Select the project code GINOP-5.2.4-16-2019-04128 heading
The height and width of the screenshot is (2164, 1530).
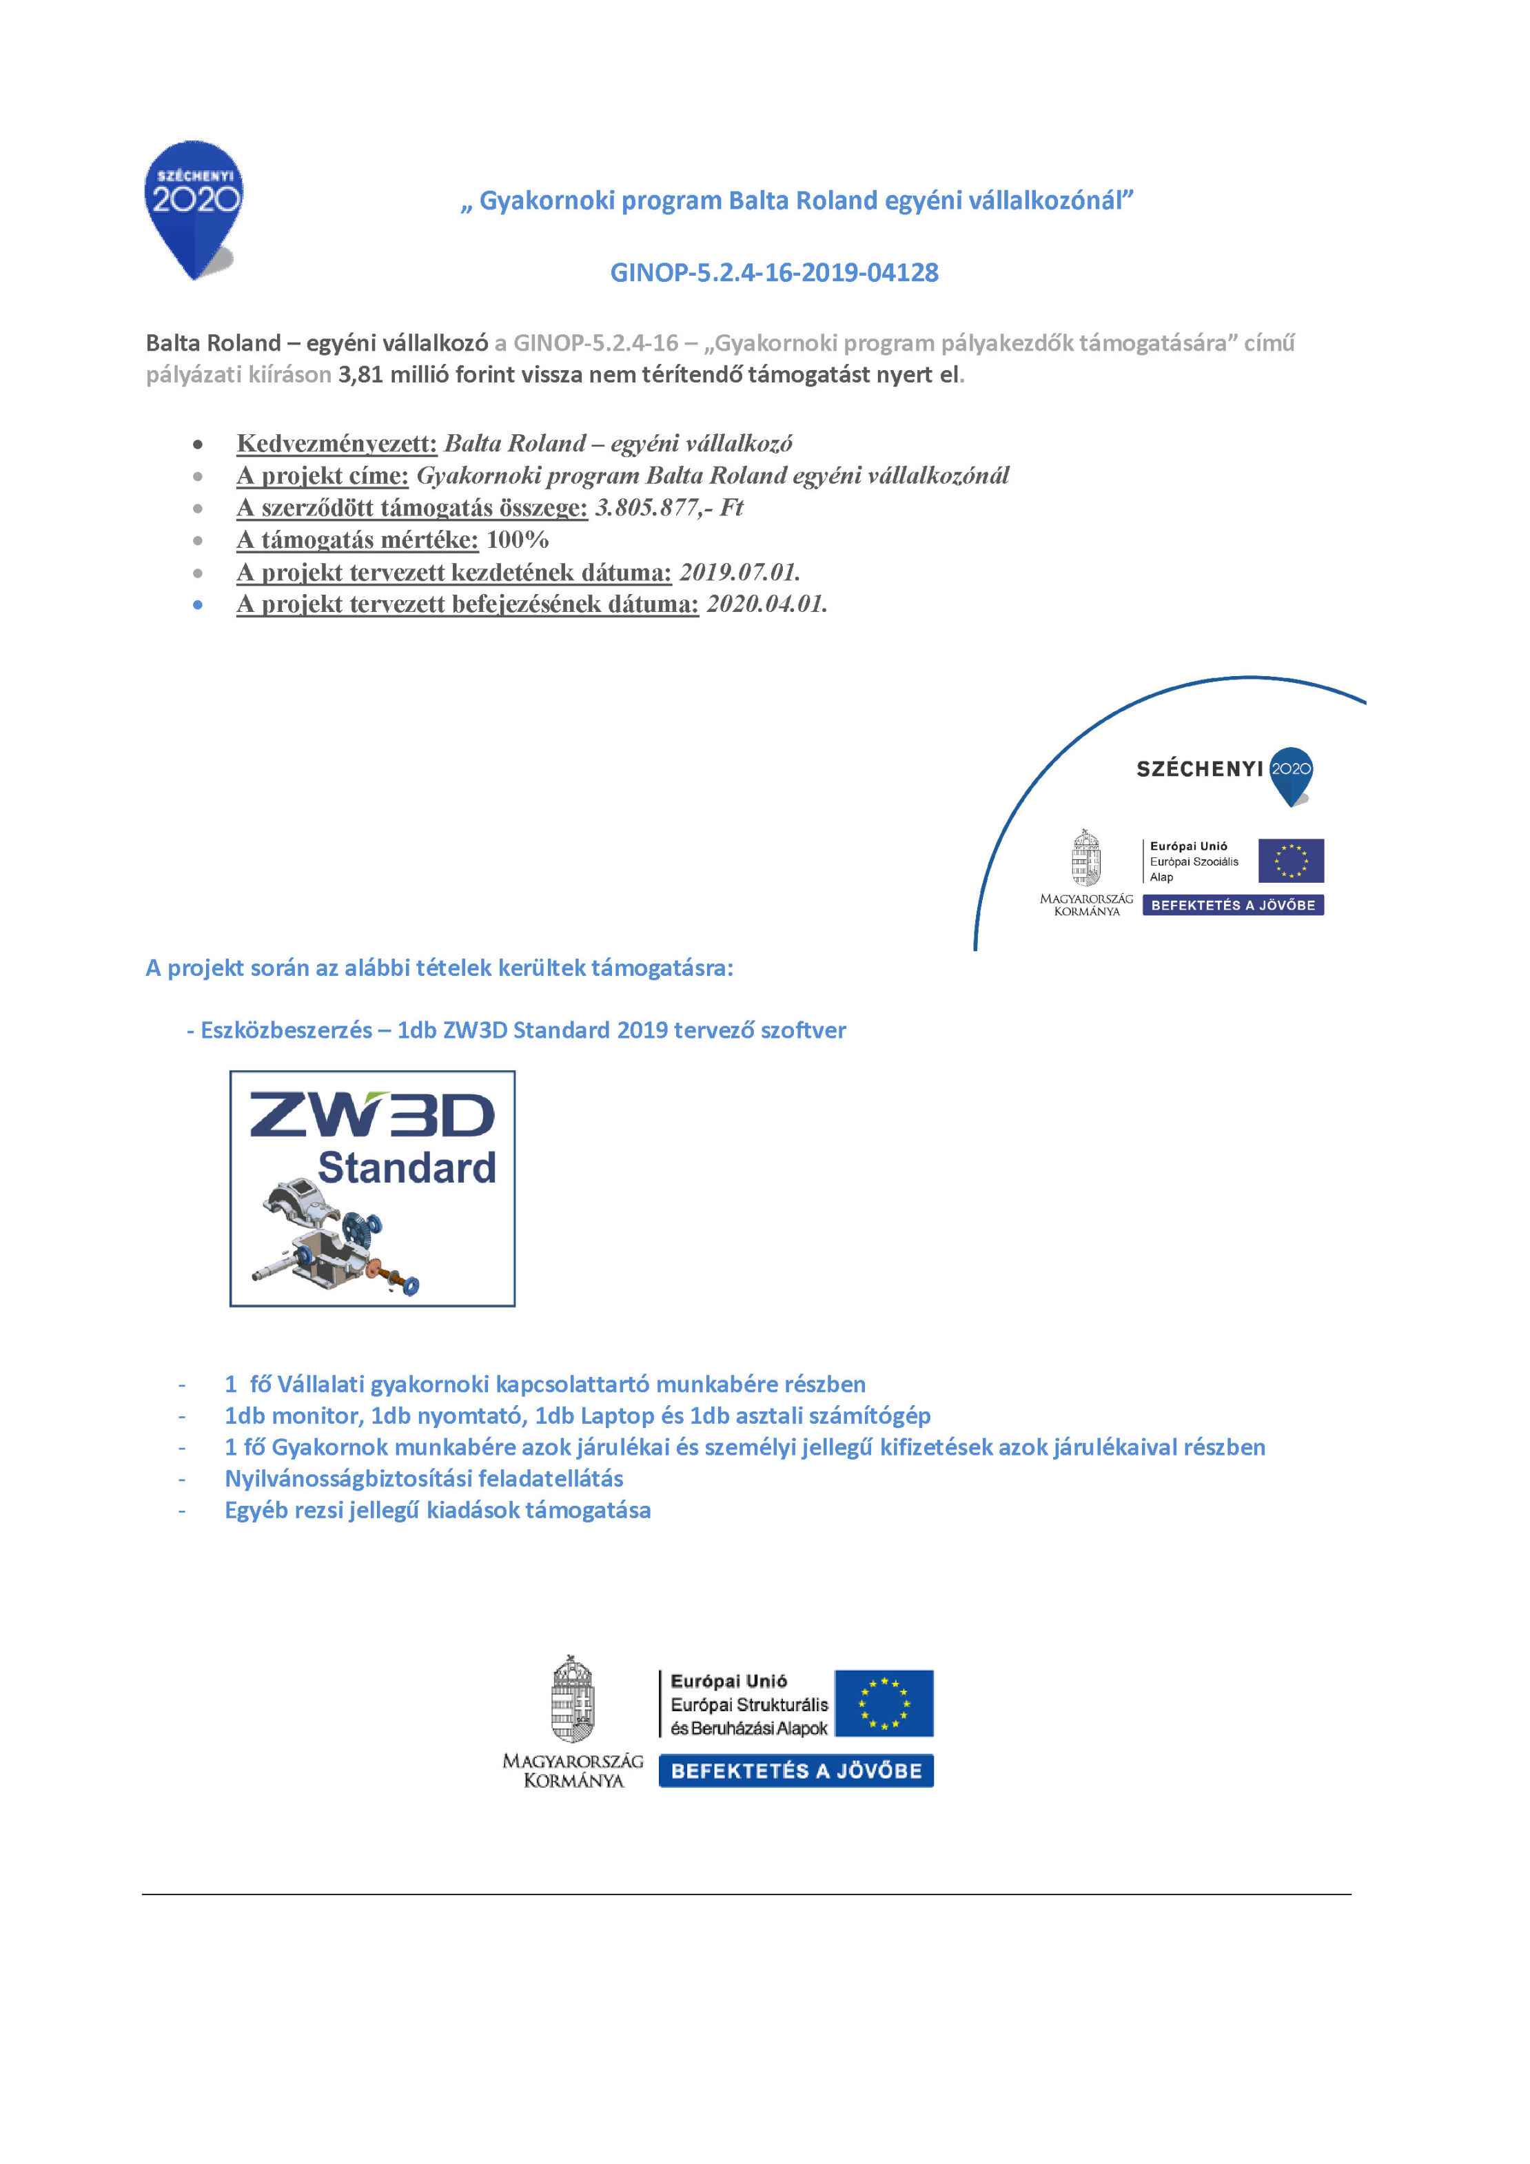(773, 272)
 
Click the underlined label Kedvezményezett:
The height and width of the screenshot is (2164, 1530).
(336, 443)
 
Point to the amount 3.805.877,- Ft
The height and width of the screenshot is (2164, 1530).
(669, 508)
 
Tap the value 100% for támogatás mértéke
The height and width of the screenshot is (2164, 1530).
(517, 540)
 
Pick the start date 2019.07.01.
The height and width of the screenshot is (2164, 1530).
(739, 572)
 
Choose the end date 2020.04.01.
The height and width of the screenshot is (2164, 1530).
(766, 604)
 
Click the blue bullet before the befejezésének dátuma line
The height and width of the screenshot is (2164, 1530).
(198, 605)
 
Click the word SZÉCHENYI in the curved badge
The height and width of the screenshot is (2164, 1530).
(1198, 769)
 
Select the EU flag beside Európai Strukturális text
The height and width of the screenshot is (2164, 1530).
(884, 1703)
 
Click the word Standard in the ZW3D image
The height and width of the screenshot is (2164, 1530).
(407, 1167)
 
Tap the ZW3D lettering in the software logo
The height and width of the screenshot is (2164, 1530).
(371, 1115)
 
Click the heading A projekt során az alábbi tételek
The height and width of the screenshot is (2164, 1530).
(438, 968)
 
